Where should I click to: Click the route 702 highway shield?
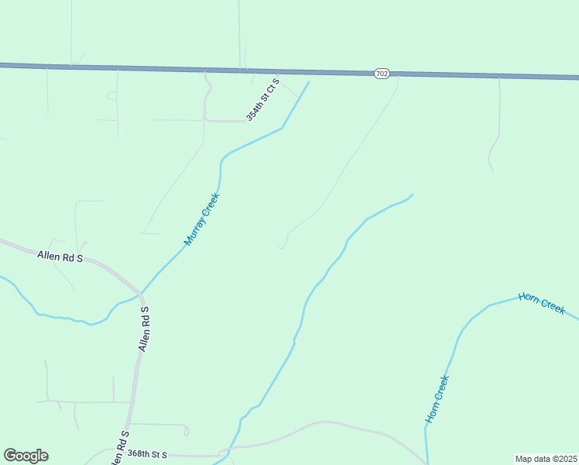coord(381,73)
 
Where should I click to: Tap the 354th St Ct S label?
coord(263,99)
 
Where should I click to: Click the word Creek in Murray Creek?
coord(211,205)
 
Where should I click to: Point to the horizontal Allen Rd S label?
coord(60,257)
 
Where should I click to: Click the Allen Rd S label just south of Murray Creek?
coord(144,329)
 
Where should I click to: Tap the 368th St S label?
coord(147,453)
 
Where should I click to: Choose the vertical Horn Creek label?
coord(437,399)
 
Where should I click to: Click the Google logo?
coord(26,456)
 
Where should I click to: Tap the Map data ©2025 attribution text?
coord(546,459)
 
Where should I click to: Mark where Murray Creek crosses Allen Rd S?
coord(141,294)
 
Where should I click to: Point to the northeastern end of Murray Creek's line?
coord(309,82)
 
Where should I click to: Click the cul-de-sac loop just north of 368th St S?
coord(186,430)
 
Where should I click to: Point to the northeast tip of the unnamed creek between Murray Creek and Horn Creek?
coord(412,195)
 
